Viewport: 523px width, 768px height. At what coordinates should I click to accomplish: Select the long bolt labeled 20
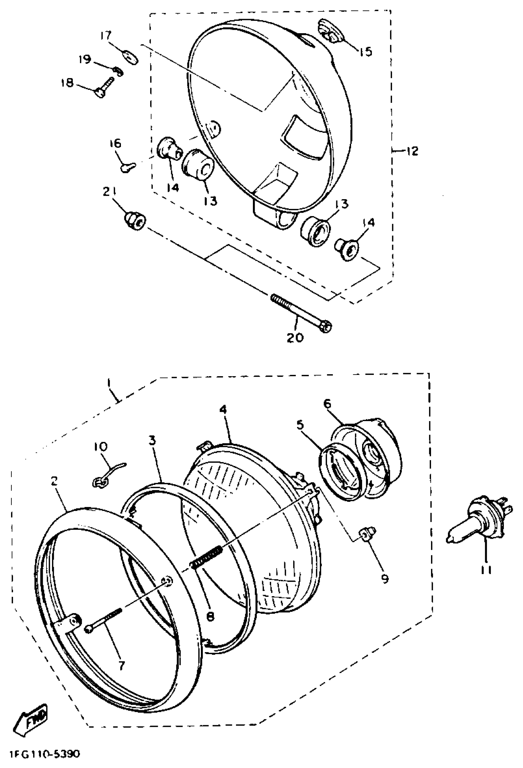pos(301,311)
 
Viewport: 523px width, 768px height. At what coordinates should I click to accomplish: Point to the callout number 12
pos(411,151)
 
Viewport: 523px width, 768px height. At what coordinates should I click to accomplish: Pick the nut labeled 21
pos(134,220)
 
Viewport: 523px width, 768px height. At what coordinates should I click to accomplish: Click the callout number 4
pos(223,410)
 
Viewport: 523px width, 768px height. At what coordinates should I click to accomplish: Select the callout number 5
pos(300,425)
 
